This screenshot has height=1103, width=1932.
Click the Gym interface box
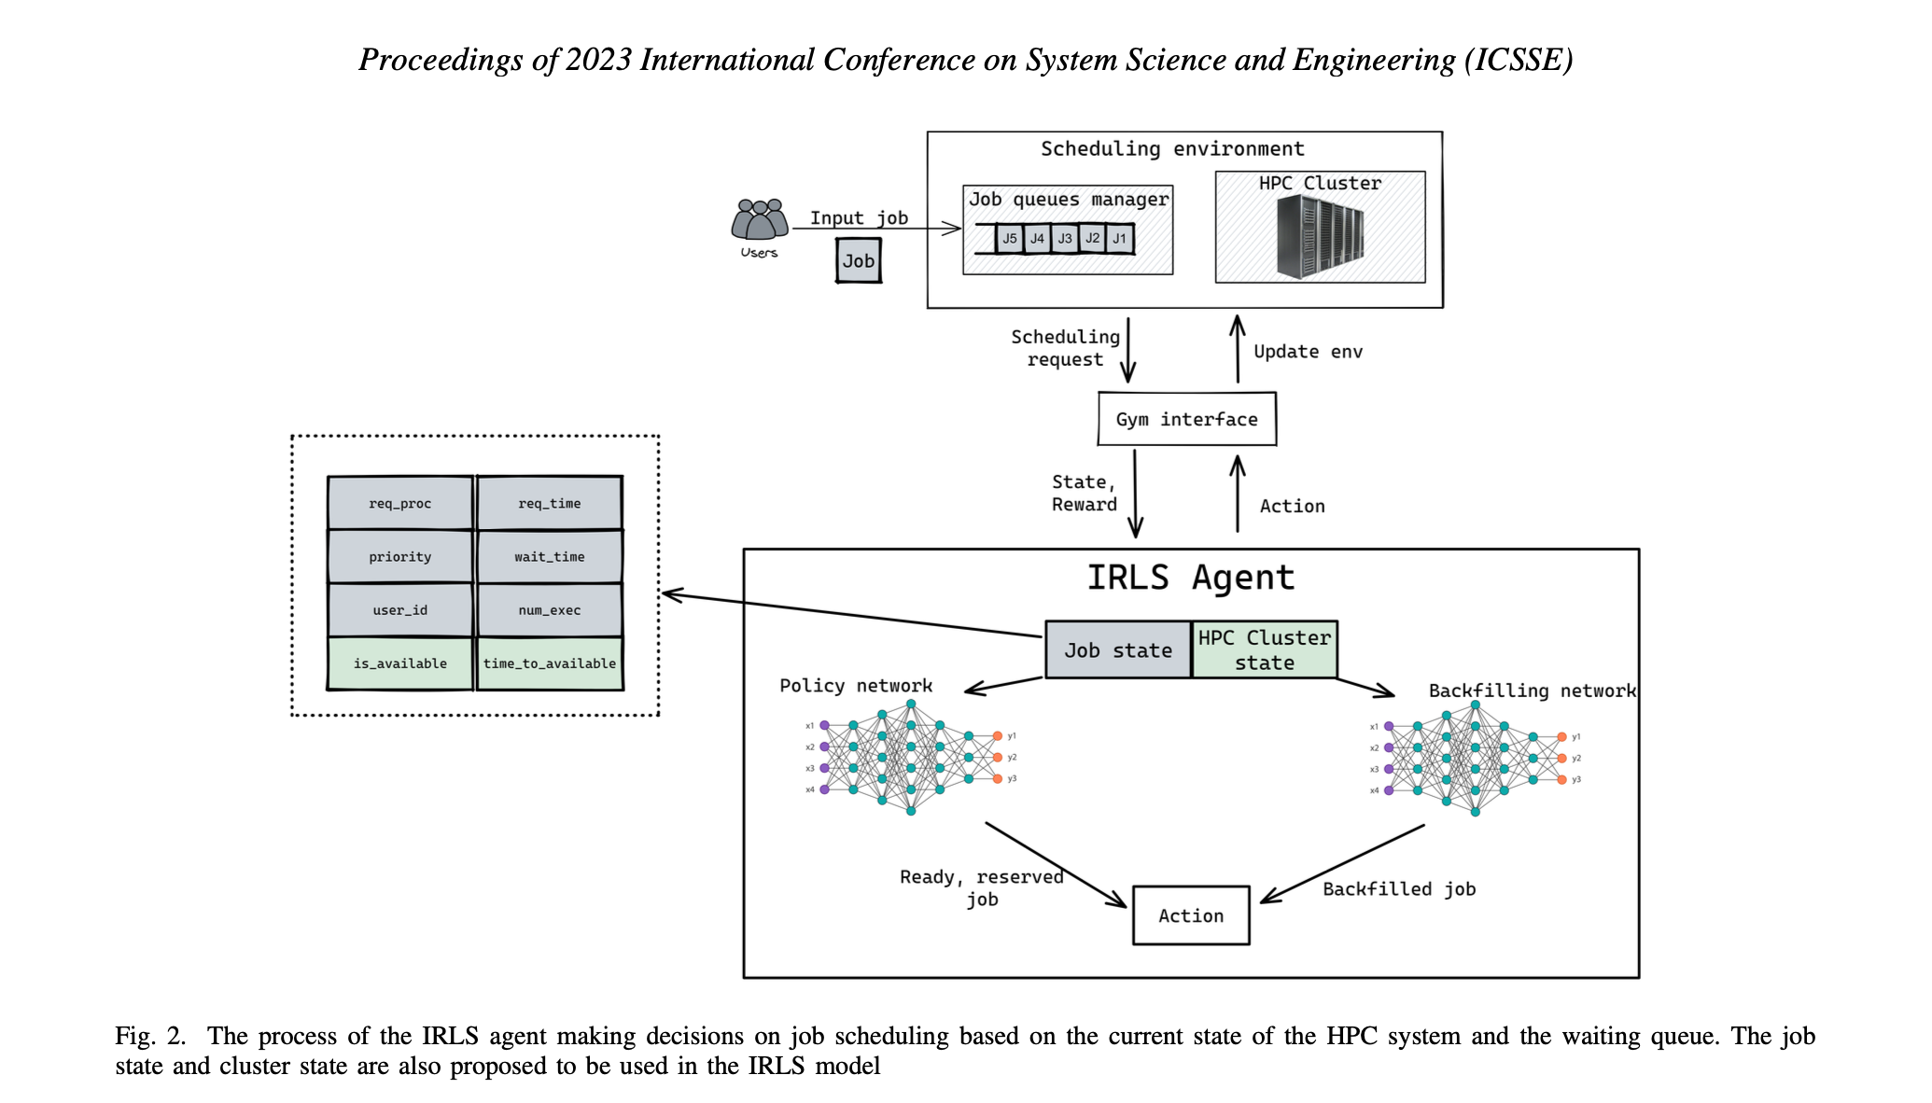(x=1186, y=419)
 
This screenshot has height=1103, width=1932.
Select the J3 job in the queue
(x=1065, y=239)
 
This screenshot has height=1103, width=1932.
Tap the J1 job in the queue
(x=1119, y=239)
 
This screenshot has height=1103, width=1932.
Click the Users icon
(x=760, y=221)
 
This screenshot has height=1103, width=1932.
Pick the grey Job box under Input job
(x=859, y=261)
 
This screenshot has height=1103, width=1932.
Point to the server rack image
(x=1320, y=237)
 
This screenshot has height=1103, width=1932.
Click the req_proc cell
(x=400, y=503)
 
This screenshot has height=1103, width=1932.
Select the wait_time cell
(x=550, y=556)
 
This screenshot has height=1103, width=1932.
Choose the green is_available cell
(x=400, y=663)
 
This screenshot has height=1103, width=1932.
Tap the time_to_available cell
(x=550, y=663)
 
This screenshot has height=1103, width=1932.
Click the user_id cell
(x=400, y=610)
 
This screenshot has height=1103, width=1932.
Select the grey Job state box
(x=1118, y=650)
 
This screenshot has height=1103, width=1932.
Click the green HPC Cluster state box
(x=1265, y=650)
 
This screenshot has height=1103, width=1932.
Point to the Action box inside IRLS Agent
(x=1191, y=915)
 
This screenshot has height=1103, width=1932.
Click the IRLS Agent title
(x=1191, y=578)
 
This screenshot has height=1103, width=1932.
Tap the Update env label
(x=1308, y=352)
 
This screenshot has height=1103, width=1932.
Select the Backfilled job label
(x=1399, y=889)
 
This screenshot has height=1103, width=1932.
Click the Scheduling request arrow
(x=1128, y=350)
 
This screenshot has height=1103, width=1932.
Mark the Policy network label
(x=856, y=686)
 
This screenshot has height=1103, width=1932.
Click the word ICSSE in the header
(x=1519, y=60)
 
